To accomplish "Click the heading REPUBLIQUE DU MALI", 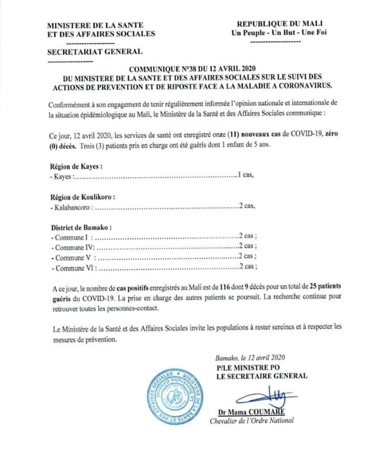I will [x=280, y=24].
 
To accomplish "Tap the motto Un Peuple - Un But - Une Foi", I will [x=280, y=33].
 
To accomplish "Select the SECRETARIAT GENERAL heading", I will [x=95, y=52].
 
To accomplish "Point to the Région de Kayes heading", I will [x=76, y=166].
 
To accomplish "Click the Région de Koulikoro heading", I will [x=83, y=197].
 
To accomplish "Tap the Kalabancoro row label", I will [x=73, y=207].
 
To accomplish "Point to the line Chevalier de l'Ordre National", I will [x=252, y=420].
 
